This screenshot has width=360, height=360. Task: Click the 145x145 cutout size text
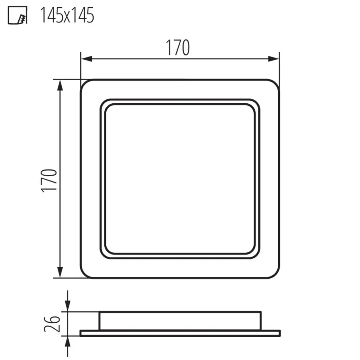pos(67,15)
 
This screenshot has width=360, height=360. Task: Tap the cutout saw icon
pos(17,15)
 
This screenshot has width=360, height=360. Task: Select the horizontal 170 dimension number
pos(178,47)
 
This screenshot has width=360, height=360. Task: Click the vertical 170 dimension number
pos(49,180)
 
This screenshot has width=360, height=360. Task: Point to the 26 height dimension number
pos(52,324)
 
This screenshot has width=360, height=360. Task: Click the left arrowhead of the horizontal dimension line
pos(86,59)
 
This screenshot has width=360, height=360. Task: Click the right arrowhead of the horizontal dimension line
pos(274,59)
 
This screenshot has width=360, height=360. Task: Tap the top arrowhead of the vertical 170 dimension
pos(60,86)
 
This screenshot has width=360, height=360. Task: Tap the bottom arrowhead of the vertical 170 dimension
pos(60,272)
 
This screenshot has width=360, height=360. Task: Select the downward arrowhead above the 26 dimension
pos(67,306)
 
